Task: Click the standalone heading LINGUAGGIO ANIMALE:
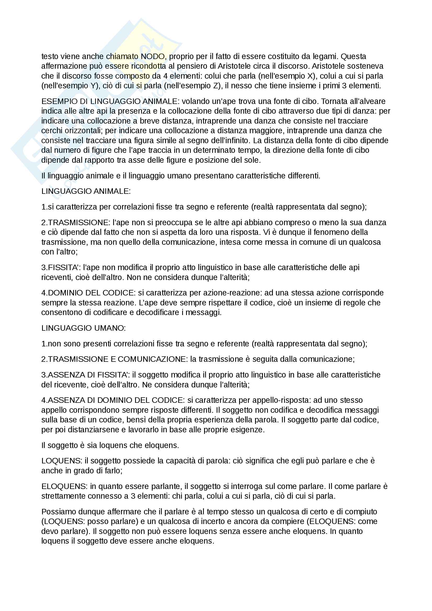click(x=86, y=191)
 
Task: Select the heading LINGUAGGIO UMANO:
click(x=83, y=328)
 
